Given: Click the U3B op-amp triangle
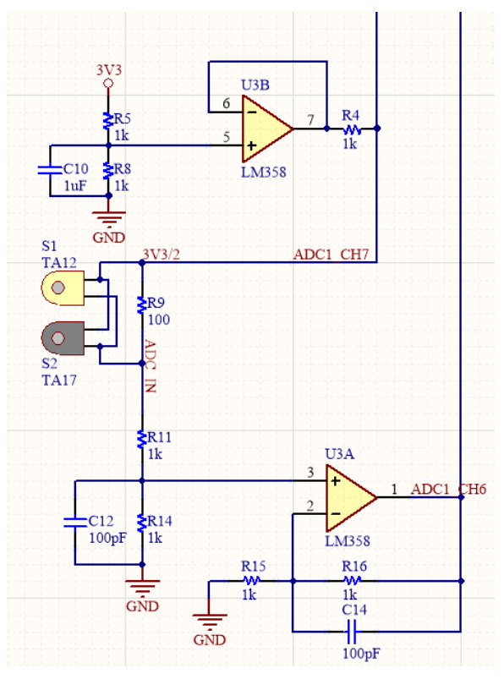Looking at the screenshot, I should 264,129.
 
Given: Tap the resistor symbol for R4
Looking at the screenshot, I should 350,129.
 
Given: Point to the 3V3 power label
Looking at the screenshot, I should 108,69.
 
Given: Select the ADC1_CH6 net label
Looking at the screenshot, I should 448,489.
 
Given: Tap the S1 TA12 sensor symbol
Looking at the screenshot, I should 62,288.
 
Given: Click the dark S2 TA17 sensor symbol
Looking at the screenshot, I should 62,338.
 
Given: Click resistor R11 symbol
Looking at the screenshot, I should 141,438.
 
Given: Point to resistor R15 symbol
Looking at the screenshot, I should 251,581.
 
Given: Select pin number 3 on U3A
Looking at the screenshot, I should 310,472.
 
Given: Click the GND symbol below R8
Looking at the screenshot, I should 108,219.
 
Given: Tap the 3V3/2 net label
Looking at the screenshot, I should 160,254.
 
